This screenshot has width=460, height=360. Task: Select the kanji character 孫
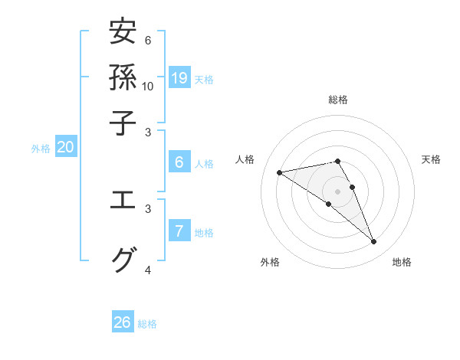click(x=123, y=77)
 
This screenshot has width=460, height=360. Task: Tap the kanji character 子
click(x=123, y=122)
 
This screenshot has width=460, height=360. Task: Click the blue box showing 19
click(x=179, y=77)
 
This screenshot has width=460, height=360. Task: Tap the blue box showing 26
click(x=123, y=322)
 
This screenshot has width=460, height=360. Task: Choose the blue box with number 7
click(x=179, y=231)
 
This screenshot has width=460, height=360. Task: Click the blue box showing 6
click(x=179, y=162)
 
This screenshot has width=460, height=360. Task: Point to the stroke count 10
click(x=148, y=86)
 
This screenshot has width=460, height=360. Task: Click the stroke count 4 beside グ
click(x=148, y=270)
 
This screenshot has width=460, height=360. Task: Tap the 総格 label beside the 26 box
click(x=147, y=324)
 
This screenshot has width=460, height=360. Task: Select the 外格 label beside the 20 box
click(x=41, y=149)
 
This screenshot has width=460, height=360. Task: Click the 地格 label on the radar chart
click(x=402, y=263)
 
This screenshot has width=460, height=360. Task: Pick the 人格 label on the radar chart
click(x=246, y=159)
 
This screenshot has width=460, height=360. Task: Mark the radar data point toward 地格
click(x=374, y=242)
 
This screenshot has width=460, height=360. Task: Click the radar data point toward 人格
click(x=279, y=172)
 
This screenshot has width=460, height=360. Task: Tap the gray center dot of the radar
click(x=337, y=190)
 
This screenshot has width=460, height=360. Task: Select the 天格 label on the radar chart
click(x=431, y=159)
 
